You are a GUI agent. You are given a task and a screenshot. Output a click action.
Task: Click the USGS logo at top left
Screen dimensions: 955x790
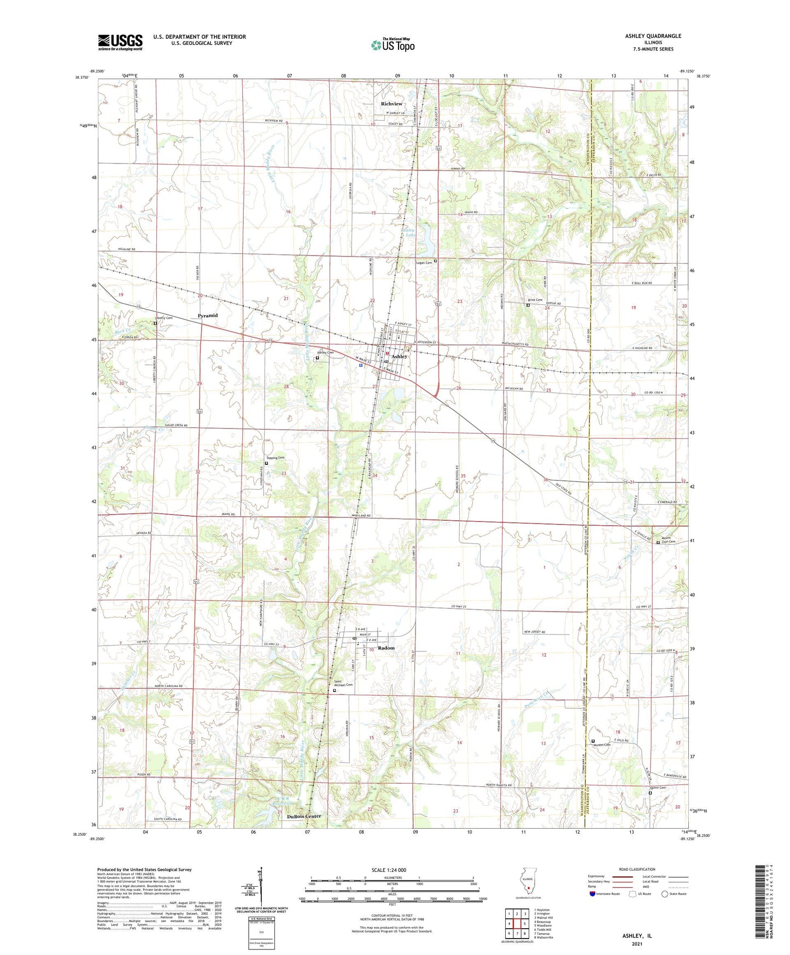120,42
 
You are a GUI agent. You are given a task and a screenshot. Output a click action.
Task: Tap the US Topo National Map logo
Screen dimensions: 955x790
393,45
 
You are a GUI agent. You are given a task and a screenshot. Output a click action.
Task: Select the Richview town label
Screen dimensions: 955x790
391,104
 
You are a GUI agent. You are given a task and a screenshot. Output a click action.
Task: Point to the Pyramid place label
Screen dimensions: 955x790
208,316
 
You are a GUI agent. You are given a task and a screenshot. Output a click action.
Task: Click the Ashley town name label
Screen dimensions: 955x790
400,357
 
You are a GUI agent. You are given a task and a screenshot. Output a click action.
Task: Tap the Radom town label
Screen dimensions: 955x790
386,648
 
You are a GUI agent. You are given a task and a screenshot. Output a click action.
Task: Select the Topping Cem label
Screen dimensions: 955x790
275,458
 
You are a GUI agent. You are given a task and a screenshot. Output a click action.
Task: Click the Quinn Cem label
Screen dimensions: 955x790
658,788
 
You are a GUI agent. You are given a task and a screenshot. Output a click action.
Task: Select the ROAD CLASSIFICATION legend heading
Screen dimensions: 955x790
637,869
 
